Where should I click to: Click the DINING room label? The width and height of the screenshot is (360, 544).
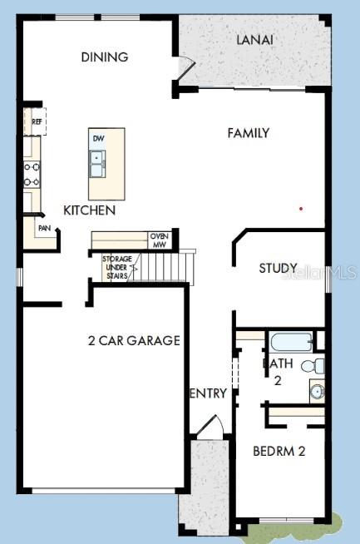tap(105, 57)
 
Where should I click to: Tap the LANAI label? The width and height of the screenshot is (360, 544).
tap(255, 39)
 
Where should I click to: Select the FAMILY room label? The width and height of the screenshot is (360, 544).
tap(249, 132)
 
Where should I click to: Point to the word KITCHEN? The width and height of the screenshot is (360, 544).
tap(89, 210)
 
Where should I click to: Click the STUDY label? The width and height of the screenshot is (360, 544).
tap(278, 268)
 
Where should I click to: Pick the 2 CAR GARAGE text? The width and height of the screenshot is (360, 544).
tap(134, 340)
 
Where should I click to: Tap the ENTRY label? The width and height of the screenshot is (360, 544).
tap(208, 393)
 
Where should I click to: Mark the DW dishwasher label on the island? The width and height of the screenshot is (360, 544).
tap(98, 138)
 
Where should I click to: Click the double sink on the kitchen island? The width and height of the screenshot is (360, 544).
tap(98, 164)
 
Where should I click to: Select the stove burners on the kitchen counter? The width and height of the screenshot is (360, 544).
tap(32, 174)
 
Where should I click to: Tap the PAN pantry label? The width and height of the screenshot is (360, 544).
tap(43, 227)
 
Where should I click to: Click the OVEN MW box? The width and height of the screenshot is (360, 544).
tap(159, 240)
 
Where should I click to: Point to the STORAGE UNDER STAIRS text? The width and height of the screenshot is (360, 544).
tap(116, 267)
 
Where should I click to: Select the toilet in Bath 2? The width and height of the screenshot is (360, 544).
tap(312, 365)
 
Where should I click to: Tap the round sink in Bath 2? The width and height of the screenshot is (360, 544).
tap(316, 390)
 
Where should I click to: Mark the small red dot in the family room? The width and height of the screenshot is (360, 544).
tap(301, 208)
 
